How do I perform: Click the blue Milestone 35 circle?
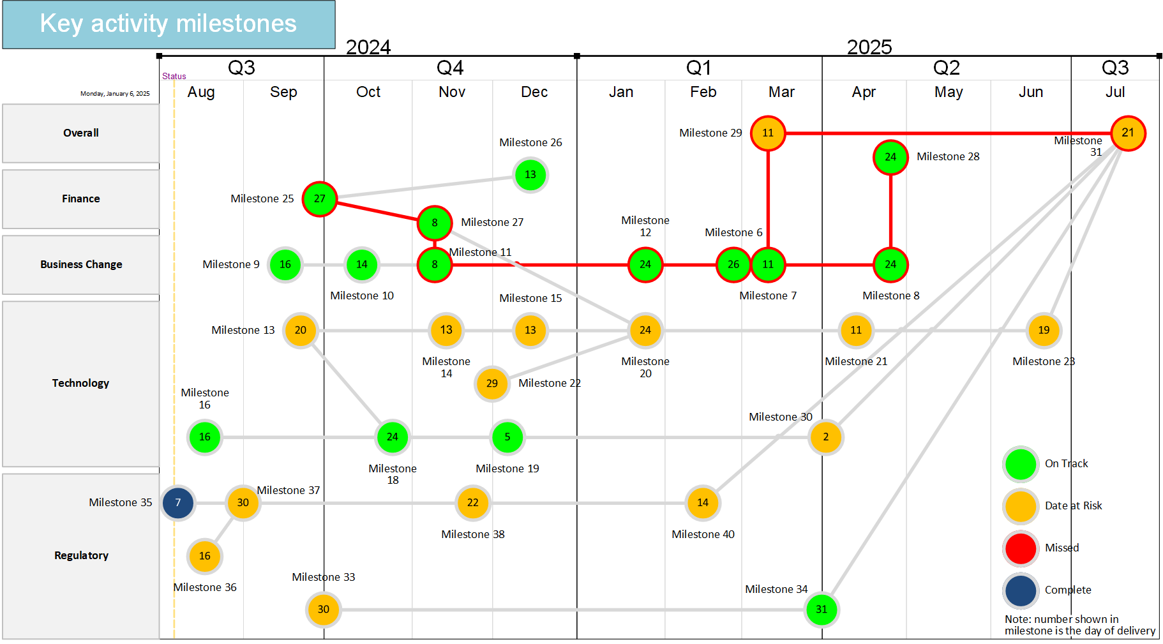click(x=178, y=503)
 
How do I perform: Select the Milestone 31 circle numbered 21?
click(x=1128, y=133)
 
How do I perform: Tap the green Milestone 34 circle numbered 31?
click(x=822, y=610)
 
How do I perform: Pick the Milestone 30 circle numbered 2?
click(x=825, y=437)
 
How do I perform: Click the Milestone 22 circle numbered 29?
click(x=492, y=384)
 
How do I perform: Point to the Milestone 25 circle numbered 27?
click(x=320, y=199)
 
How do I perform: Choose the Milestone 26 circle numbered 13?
click(x=530, y=175)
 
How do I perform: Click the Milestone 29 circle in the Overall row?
click(x=768, y=133)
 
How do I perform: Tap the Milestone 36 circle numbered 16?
click(x=205, y=556)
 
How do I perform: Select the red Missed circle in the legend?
click(x=1021, y=548)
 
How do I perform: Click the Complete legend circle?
click(x=1021, y=590)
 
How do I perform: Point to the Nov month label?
click(x=452, y=92)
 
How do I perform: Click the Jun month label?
click(x=1031, y=92)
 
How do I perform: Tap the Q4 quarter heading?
click(x=450, y=68)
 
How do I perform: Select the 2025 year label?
click(x=869, y=47)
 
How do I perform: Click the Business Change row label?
click(x=81, y=264)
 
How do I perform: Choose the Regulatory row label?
click(x=81, y=555)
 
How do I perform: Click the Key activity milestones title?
click(x=169, y=24)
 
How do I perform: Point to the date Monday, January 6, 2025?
click(x=115, y=94)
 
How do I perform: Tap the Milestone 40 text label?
click(x=703, y=534)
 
